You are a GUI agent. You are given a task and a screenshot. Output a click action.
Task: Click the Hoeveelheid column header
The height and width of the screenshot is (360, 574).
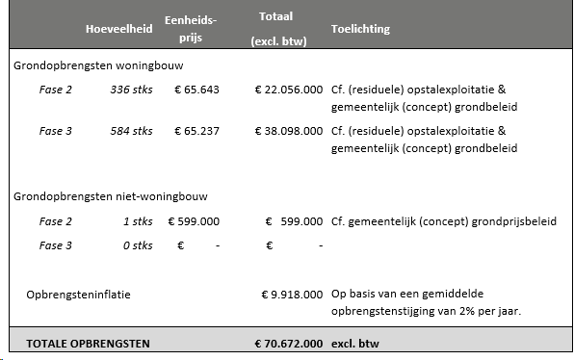[x=118, y=29]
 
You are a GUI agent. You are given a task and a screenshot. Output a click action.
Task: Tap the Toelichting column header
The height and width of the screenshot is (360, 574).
[x=360, y=29]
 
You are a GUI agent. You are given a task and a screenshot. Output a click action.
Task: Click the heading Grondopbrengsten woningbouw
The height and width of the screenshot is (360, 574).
[x=98, y=66]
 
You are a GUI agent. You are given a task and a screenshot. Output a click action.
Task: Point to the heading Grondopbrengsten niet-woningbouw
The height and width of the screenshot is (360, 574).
[x=111, y=196]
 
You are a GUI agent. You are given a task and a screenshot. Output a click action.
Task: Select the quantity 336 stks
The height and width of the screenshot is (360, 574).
[x=131, y=90]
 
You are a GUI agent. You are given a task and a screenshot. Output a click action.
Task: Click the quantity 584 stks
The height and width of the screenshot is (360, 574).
[x=131, y=131]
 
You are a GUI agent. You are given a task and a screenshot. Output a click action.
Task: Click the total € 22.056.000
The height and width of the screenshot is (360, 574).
[x=288, y=90]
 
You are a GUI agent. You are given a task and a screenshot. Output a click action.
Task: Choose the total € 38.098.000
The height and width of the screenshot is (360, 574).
[x=288, y=131]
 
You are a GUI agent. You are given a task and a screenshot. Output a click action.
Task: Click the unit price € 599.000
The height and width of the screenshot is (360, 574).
[x=194, y=221]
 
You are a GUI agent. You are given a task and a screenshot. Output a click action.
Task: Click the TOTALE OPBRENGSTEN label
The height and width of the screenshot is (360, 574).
[x=88, y=343]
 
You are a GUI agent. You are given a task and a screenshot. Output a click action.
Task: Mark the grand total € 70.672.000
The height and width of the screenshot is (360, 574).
[x=288, y=343]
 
